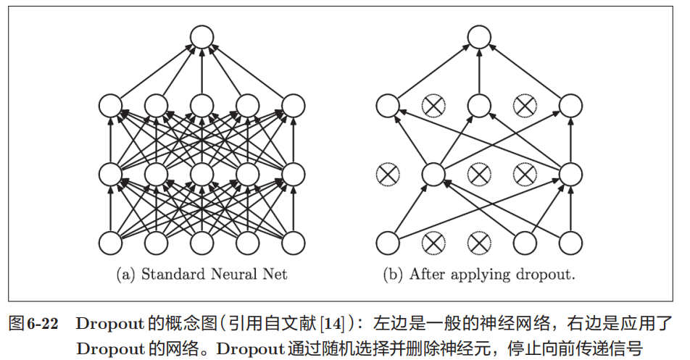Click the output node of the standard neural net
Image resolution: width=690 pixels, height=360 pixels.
[201, 38]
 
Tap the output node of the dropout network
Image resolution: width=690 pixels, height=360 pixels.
[478, 38]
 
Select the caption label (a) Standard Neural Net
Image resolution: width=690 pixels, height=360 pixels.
[201, 275]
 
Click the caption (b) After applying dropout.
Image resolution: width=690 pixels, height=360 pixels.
[478, 275]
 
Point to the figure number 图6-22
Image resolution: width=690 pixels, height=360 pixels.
[33, 322]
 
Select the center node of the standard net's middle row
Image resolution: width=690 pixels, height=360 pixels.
[201, 174]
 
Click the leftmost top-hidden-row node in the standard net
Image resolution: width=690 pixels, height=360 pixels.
[110, 106]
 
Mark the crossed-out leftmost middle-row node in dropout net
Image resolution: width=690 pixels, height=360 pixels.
[388, 174]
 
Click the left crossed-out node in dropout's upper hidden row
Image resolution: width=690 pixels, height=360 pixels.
[433, 106]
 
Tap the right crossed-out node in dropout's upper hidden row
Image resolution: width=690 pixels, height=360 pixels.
[524, 106]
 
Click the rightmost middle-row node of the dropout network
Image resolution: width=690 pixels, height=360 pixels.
[570, 174]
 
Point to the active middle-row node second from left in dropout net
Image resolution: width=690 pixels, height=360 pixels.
[433, 174]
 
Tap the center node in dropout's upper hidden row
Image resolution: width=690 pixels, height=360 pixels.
[478, 106]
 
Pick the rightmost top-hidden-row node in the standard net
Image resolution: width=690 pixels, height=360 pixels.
[293, 106]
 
